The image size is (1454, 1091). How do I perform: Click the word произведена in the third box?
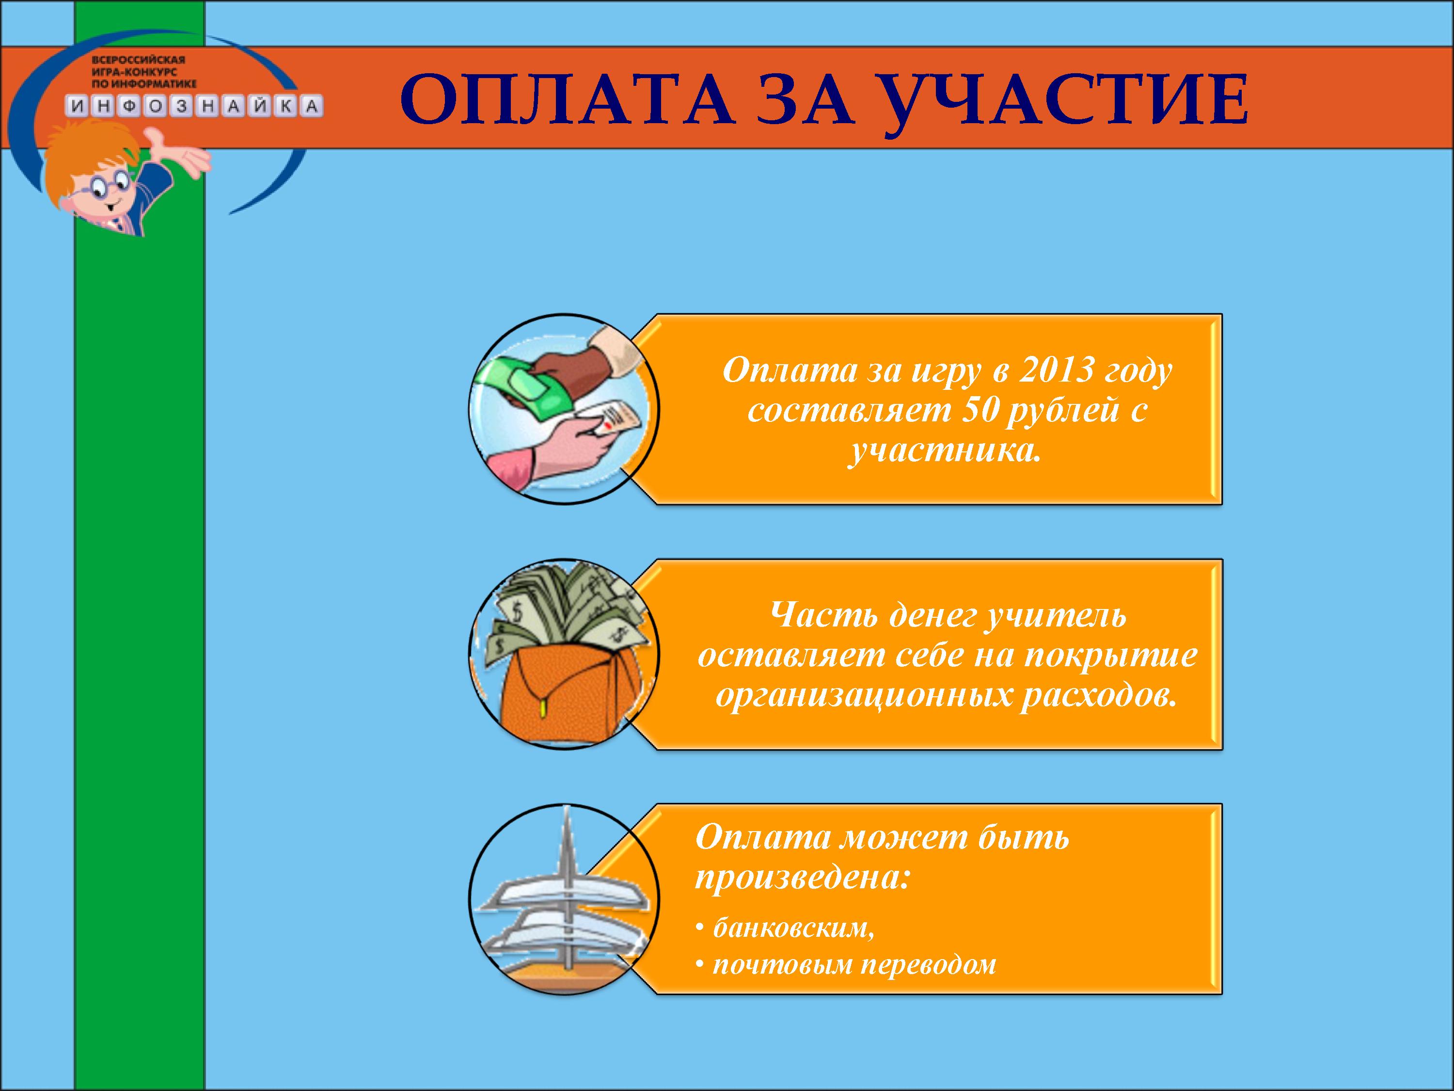tap(802, 879)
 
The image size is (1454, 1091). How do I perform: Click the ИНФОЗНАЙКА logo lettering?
tap(194, 106)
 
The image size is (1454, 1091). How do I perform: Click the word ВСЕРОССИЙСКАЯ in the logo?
tap(139, 60)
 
